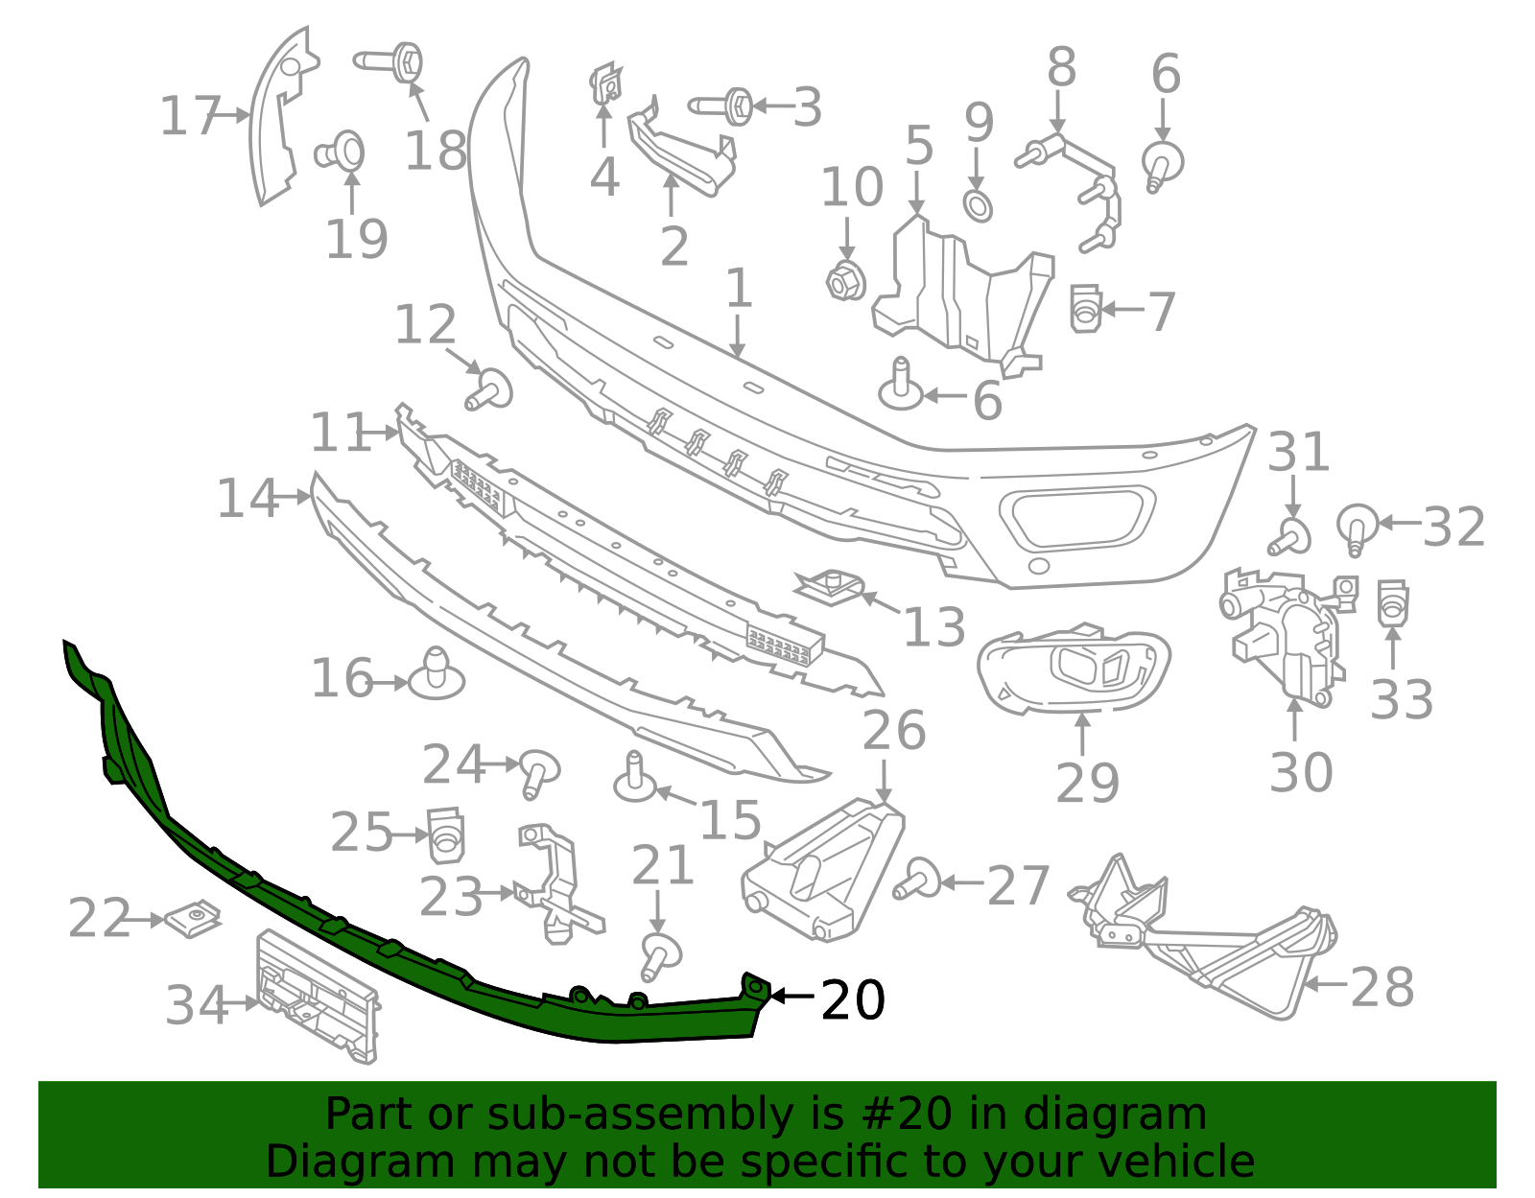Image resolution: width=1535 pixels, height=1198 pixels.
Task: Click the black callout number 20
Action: click(853, 1000)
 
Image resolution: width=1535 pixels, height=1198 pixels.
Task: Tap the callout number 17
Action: click(190, 116)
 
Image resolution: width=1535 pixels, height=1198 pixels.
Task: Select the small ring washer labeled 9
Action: click(978, 205)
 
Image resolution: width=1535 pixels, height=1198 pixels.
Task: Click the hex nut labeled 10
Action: click(845, 280)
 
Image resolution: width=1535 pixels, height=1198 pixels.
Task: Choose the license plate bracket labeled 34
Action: click(319, 998)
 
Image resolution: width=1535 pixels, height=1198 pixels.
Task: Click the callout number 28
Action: click(1381, 987)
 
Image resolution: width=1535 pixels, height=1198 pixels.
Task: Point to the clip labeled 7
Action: click(1085, 308)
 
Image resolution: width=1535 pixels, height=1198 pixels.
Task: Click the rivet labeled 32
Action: click(1357, 527)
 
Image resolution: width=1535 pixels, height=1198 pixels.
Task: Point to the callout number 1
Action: click(737, 288)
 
